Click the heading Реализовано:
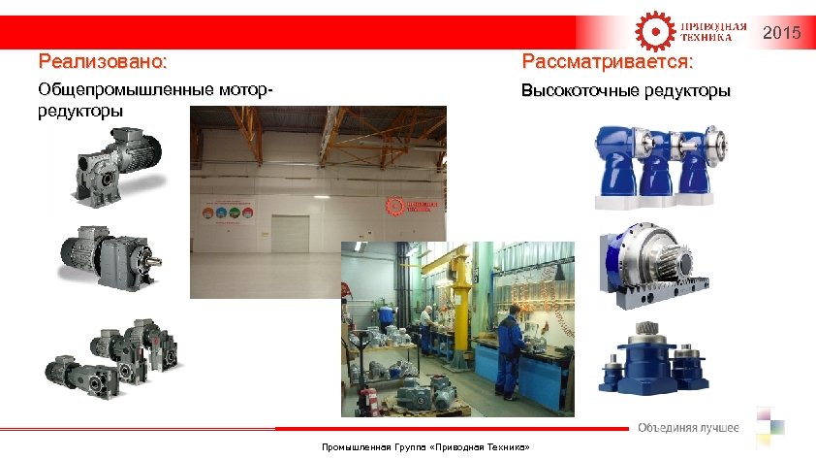pos(103,63)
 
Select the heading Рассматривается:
pos(607,63)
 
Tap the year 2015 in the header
pos(782,34)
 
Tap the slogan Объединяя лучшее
pos(688,428)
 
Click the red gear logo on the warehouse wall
pos(394,206)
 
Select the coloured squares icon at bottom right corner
pos(770,425)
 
